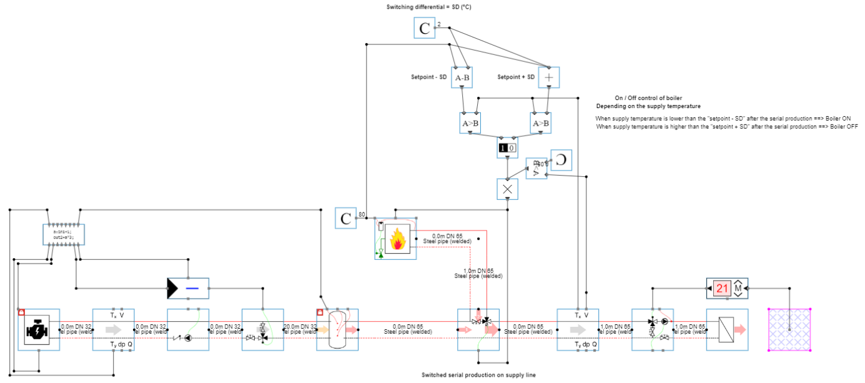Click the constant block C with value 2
point(425,28)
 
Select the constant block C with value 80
point(345,217)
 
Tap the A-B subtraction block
point(462,77)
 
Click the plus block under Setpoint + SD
point(548,77)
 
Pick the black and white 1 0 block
point(507,148)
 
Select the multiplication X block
point(507,189)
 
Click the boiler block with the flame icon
point(396,239)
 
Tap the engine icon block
point(38,329)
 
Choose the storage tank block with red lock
point(337,329)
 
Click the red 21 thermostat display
point(722,289)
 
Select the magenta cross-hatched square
point(789,329)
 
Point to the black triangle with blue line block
point(188,289)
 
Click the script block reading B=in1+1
point(63,235)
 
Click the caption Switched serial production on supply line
point(478,375)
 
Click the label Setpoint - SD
point(428,77)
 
